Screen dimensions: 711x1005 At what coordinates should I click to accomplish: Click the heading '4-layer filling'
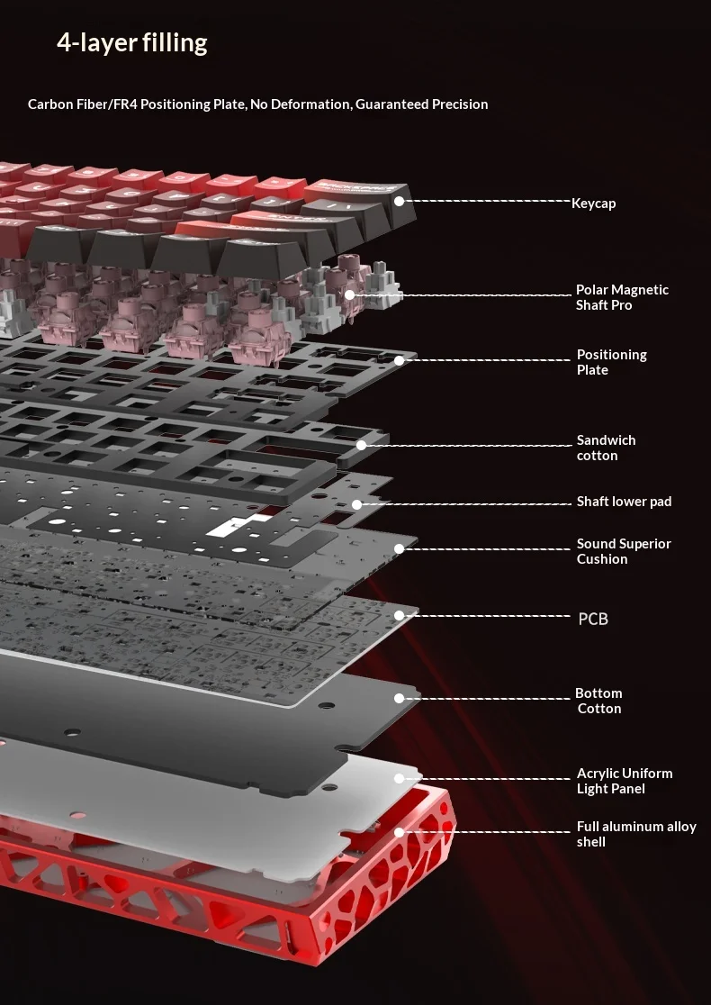131,42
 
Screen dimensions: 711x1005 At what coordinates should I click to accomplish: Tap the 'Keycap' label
593,204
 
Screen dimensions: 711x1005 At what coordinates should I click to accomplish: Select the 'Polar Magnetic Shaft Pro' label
622,297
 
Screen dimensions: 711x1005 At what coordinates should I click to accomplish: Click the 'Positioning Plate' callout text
611,362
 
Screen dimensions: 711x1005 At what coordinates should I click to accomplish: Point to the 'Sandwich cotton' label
606,448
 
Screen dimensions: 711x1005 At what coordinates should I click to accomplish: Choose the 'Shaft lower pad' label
624,502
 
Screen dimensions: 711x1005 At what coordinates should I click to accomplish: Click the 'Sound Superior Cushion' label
624,551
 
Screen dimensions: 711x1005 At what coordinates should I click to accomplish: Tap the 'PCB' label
593,619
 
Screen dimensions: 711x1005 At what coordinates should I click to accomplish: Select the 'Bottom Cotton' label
598,701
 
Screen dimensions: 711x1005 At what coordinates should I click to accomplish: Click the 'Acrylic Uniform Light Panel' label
624,781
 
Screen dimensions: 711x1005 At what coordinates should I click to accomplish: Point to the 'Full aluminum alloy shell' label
635,834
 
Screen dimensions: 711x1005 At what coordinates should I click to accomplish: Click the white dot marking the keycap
400,201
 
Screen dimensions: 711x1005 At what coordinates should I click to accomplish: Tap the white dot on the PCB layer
400,616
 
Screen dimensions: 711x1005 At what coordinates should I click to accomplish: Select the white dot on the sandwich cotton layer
361,445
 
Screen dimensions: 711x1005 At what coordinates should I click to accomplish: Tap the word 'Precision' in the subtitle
460,104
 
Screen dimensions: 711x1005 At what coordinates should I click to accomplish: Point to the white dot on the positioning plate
399,360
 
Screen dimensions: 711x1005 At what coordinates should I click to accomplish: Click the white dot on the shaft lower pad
356,504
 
